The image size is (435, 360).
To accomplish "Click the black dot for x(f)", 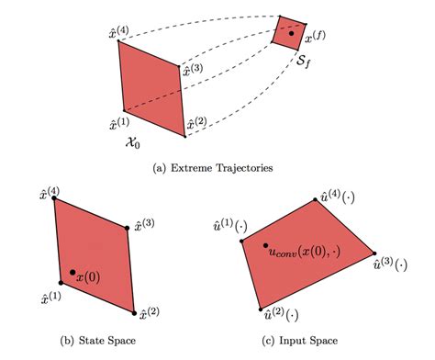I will pyautogui.click(x=292, y=34).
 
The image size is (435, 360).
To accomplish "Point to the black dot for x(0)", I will pyautogui.click(x=71, y=273).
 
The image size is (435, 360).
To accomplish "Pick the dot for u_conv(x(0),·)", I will pyautogui.click(x=265, y=246).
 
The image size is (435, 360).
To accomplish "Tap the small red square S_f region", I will pyautogui.click(x=289, y=30).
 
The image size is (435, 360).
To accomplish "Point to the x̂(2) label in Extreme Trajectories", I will pyautogui.click(x=195, y=124).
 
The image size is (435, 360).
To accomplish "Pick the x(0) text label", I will pyautogui.click(x=90, y=276).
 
